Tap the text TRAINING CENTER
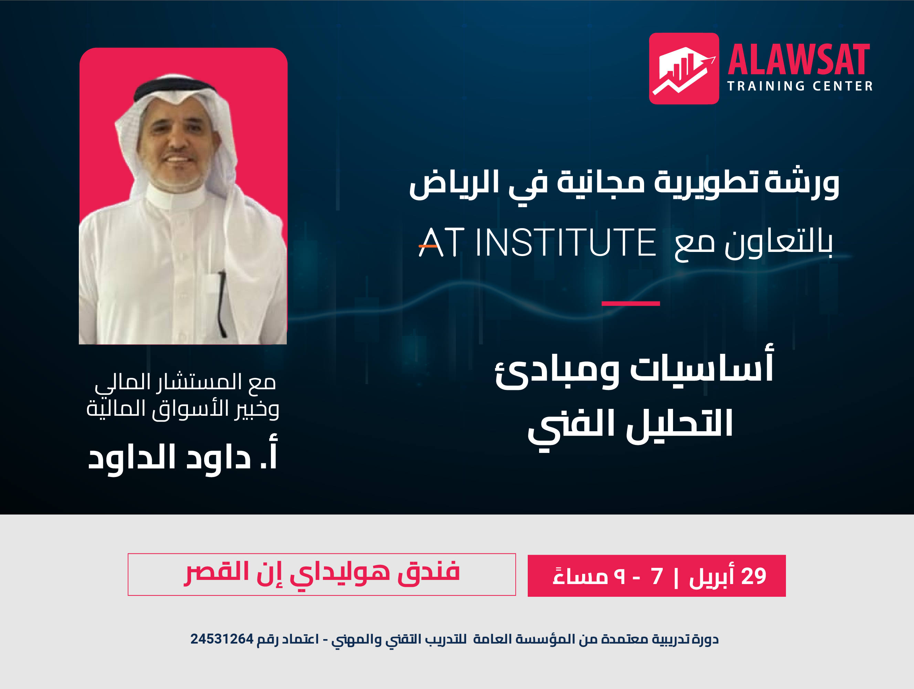point(800,86)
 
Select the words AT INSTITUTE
point(537,243)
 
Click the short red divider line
point(631,304)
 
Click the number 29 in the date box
point(754,576)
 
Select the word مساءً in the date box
point(580,575)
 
